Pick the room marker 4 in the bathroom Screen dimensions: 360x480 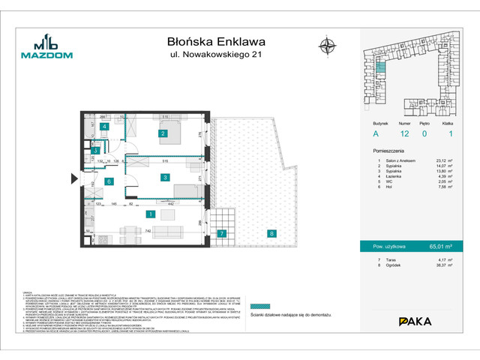(x=106, y=127)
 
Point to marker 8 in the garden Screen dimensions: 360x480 (x=271, y=233)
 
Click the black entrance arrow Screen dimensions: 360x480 (x=73, y=178)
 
